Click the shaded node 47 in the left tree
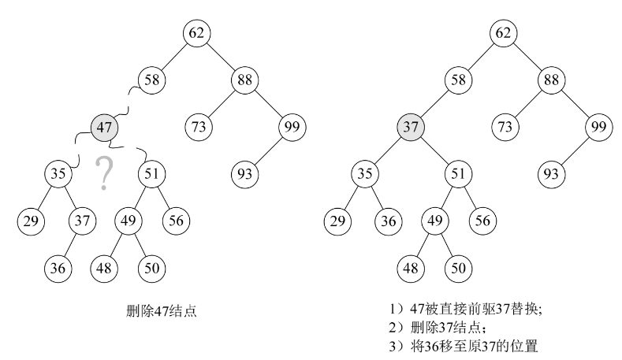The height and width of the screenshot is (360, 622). (x=104, y=126)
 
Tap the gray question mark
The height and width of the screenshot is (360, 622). (x=102, y=173)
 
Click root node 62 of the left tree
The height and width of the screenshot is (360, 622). (x=196, y=33)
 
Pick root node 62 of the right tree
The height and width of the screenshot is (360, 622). (x=504, y=33)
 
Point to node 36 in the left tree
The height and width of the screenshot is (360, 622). (x=58, y=267)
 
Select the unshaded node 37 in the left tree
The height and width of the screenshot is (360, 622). (x=81, y=220)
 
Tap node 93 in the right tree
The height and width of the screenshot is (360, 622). (x=552, y=173)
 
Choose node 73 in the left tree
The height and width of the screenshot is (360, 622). (x=197, y=126)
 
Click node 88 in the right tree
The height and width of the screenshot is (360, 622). (x=552, y=80)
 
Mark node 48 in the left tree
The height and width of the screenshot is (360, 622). (x=104, y=267)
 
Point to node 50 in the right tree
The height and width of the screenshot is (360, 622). (x=458, y=267)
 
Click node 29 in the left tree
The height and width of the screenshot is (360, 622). (x=31, y=220)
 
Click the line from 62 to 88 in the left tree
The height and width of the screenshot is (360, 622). (x=221, y=56)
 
